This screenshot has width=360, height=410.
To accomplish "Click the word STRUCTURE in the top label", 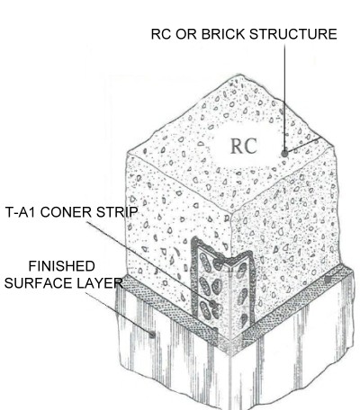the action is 293,34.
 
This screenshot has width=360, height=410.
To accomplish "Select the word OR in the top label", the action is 186,34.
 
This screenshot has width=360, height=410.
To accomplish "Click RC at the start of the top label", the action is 161,34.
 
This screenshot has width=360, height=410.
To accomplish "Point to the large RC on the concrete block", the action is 244,147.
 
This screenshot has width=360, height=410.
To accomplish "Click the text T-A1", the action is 21,212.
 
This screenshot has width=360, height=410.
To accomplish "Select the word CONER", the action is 67,212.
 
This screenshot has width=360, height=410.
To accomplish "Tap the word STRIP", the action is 117,212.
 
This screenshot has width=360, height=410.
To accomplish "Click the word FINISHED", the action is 61,266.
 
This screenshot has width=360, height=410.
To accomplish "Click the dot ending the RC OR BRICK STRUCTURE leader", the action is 284,154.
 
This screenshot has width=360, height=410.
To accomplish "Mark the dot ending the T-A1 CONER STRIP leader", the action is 212,304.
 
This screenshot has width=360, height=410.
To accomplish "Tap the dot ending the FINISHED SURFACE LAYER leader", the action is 152,334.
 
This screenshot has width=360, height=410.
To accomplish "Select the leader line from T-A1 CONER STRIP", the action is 149,263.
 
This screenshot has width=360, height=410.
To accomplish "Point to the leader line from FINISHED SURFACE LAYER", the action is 119,313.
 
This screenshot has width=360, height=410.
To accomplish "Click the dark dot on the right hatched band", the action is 328,280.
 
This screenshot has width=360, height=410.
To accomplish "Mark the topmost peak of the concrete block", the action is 239,75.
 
